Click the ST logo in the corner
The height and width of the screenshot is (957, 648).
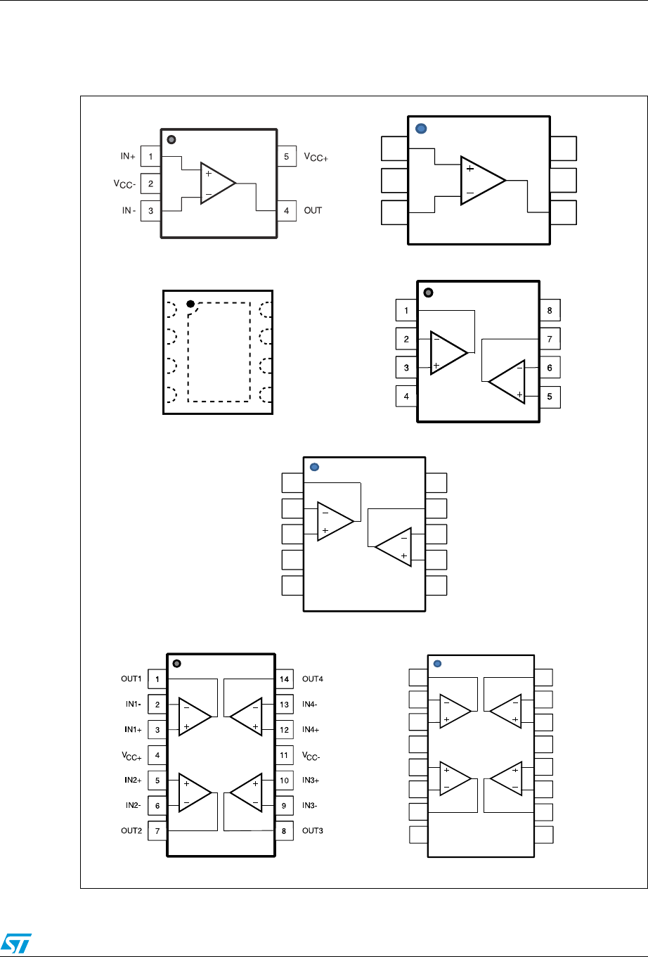click(15, 944)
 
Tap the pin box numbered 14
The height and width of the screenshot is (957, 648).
click(285, 679)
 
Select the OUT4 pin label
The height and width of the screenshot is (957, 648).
click(313, 679)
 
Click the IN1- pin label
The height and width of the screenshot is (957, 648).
click(134, 704)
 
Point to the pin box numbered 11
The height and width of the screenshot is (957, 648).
click(285, 755)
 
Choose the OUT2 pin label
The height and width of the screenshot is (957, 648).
click(131, 830)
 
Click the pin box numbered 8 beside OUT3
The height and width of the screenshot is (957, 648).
click(285, 831)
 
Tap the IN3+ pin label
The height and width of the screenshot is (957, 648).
click(311, 780)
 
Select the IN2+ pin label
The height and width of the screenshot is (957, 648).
click(133, 780)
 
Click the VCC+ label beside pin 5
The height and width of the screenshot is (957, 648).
click(316, 158)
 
